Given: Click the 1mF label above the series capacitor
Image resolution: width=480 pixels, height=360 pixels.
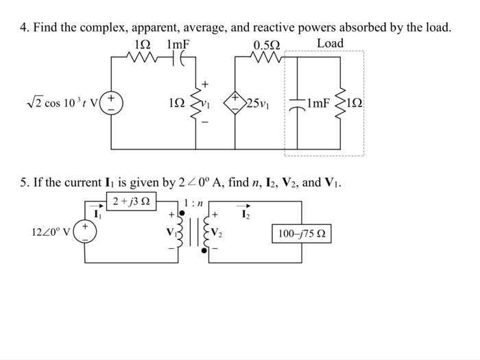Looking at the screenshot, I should (x=178, y=45).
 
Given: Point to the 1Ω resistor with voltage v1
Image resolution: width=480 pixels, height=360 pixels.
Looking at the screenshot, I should (x=202, y=104).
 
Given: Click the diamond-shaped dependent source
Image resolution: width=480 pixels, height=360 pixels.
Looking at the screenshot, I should (x=235, y=104).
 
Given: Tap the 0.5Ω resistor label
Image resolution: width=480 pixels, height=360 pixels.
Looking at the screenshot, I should (x=266, y=45).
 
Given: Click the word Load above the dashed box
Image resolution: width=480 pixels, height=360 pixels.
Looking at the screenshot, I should (x=330, y=43).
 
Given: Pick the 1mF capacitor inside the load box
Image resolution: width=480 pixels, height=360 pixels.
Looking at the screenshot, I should (x=298, y=104).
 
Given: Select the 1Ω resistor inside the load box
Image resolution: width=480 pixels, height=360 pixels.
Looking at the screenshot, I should (x=340, y=104).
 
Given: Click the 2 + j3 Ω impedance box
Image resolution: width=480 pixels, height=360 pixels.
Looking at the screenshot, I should (x=132, y=202).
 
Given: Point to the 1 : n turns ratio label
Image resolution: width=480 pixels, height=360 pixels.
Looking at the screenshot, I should (x=193, y=203).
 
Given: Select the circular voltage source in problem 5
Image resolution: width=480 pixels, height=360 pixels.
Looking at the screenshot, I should (x=86, y=231).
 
